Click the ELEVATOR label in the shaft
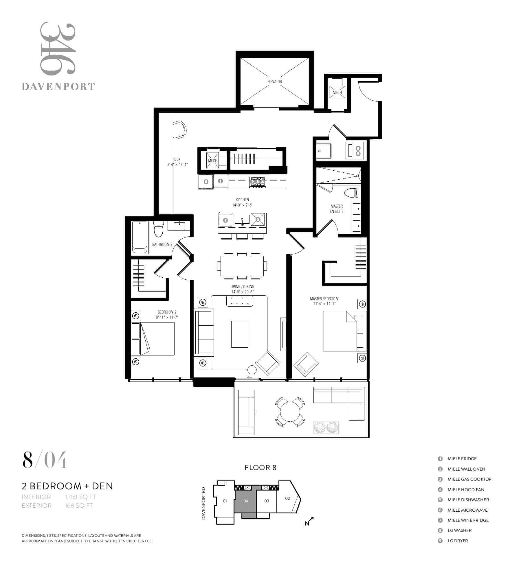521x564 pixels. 274,82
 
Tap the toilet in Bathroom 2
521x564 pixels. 158,229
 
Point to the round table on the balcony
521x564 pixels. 290,412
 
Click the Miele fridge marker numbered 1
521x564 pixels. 220,181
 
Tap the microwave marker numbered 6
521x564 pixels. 206,182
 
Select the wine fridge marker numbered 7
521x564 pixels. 225,220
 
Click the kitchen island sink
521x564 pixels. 242,220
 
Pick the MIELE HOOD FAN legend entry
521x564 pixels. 466,489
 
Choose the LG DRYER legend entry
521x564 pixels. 458,541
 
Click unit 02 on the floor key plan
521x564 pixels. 287,498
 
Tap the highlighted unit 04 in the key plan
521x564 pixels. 246,501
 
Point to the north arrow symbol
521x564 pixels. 309,521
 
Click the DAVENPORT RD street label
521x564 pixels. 203,503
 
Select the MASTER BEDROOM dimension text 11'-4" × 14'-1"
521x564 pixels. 324,304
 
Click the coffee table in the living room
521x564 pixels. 239,334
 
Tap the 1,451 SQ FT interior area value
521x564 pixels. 80,497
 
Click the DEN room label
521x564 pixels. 177,159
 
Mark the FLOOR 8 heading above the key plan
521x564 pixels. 260,468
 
